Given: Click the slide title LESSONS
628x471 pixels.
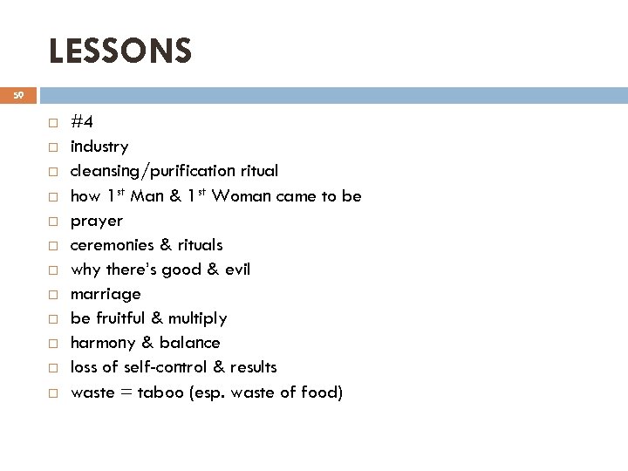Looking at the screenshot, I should point(119,51).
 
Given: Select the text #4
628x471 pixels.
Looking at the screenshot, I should point(83,122).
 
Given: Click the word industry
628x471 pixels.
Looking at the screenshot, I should point(99,147).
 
